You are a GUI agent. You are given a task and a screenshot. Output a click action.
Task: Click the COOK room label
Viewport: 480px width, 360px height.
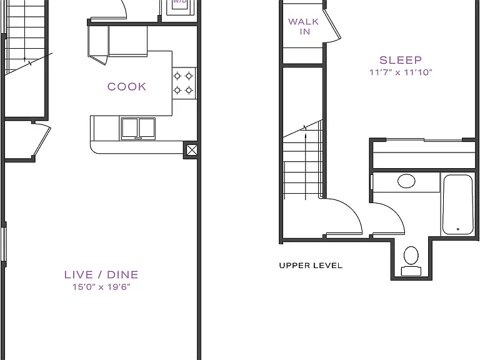point(127,87)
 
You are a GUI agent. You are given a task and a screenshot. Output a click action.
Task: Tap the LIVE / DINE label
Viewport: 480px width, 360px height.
point(101,274)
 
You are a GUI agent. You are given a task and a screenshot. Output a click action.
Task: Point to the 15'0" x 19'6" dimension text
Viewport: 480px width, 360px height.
point(101,287)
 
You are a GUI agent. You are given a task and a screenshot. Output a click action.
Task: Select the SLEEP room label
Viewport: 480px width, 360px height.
point(401,60)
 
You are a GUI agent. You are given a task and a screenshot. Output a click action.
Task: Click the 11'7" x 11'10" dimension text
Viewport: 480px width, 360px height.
point(401,72)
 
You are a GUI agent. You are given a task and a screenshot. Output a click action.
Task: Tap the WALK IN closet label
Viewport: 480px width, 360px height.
point(304,27)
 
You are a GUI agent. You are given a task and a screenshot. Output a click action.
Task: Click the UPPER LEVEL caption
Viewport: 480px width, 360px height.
point(311,266)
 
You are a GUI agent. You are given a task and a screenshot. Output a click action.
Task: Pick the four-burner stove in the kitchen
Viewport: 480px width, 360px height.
point(184,83)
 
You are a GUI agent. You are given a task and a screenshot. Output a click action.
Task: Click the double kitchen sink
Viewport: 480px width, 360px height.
point(138,129)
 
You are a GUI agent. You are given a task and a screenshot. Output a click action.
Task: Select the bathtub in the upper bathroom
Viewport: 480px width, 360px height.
point(457,204)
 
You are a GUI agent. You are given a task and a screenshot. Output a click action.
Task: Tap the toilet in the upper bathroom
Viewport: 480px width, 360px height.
point(411,261)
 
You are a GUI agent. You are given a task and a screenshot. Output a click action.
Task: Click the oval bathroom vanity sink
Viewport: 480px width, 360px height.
point(406,181)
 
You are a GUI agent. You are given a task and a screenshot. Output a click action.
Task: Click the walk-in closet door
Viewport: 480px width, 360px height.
point(332,26)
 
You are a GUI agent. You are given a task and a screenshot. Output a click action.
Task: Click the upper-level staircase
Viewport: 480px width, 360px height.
point(302,160)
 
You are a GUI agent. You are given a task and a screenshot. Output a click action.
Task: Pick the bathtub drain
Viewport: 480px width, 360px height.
point(458,229)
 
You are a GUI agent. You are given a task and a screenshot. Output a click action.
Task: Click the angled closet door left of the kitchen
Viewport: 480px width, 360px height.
point(42,140)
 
